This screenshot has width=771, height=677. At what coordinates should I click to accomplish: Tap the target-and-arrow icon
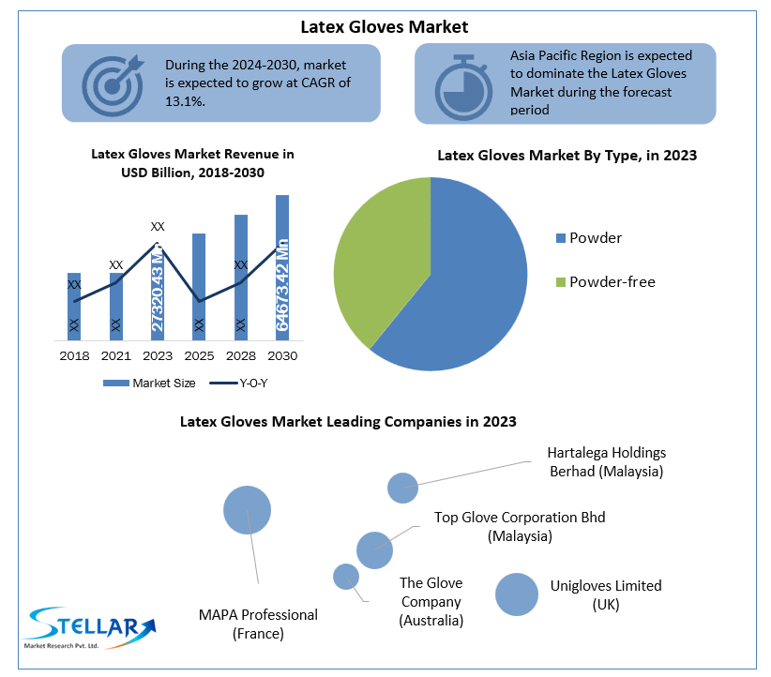[x=112, y=82]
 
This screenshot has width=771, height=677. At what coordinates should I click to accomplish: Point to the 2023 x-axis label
[x=157, y=356]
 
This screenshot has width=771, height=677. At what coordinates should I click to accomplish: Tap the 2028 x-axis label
[x=240, y=356]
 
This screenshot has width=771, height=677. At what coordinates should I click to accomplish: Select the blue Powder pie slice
[x=469, y=281]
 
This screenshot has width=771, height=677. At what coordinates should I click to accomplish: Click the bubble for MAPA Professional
[x=247, y=510]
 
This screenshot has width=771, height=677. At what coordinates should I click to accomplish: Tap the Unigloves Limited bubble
[x=517, y=594]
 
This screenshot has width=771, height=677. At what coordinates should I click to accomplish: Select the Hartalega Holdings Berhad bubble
[x=402, y=488]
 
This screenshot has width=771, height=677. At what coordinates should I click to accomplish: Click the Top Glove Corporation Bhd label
[x=520, y=526]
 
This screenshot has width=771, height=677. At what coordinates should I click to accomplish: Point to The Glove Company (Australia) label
[x=431, y=602]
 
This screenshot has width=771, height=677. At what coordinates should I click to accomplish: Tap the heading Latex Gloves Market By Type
[x=567, y=156]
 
